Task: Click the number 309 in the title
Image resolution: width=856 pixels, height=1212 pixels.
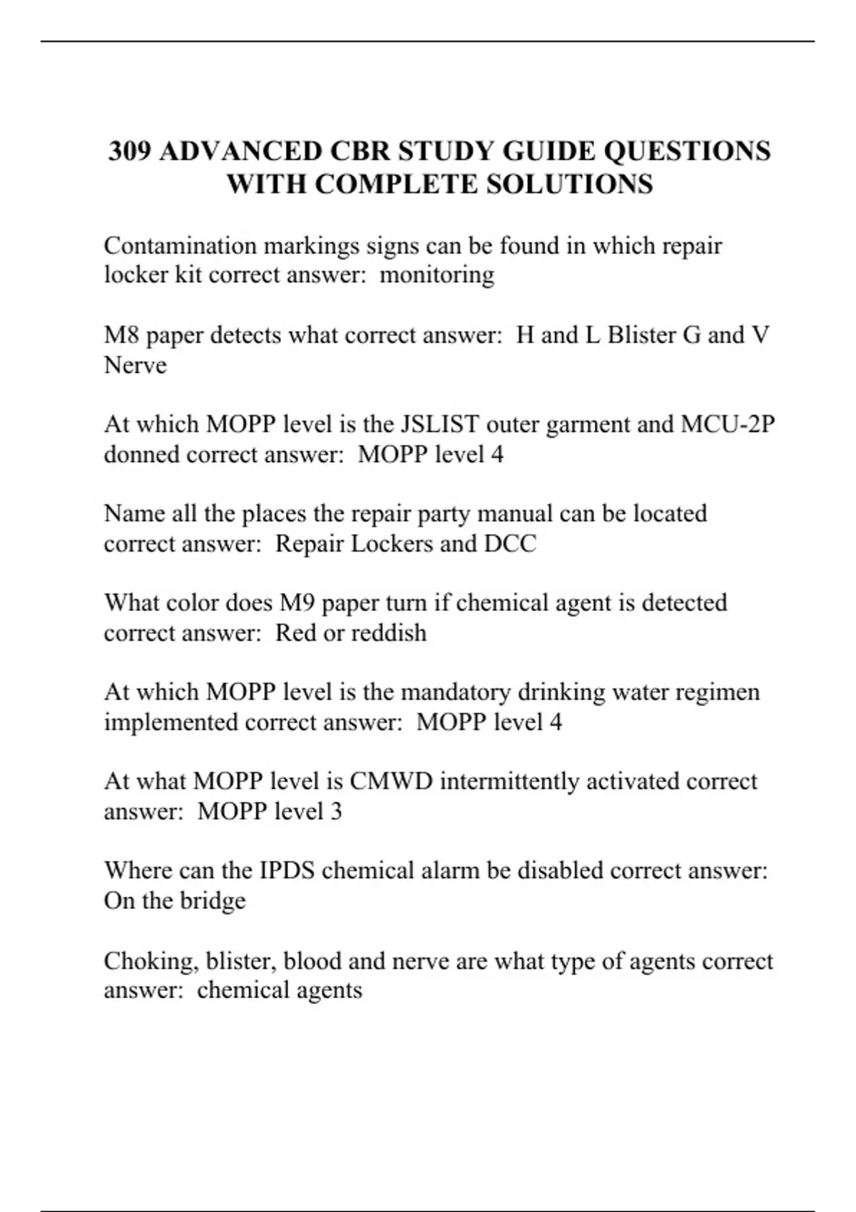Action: tap(129, 152)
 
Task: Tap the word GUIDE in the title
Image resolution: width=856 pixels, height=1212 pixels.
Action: tap(549, 152)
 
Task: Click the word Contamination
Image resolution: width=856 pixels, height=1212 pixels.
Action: tap(180, 246)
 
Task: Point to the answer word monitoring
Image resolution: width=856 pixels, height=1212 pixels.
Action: tap(437, 275)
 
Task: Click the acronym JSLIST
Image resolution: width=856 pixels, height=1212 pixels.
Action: tap(439, 425)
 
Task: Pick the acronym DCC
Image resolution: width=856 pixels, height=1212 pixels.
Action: tap(510, 544)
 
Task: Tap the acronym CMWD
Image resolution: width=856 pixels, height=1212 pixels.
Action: tap(391, 781)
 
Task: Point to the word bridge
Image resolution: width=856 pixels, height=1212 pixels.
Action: tap(213, 900)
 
